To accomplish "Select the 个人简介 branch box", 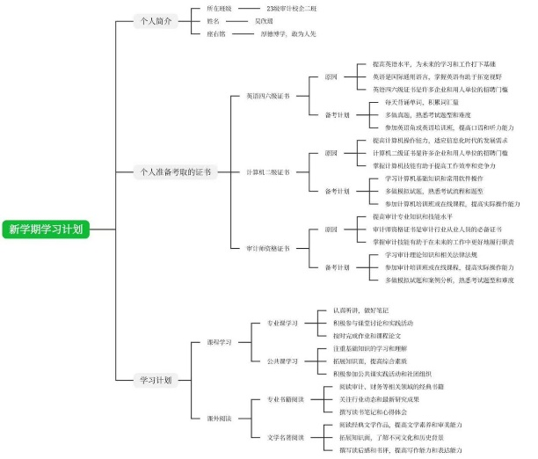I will [x=156, y=21].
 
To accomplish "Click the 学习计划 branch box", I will [x=156, y=380].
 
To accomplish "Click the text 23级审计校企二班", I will [x=291, y=8].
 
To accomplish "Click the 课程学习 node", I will [x=218, y=341].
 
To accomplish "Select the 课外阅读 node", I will [x=218, y=418].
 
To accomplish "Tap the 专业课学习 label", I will [x=283, y=322].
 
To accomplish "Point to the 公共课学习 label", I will [x=283, y=361].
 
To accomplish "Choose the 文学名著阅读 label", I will [x=286, y=437].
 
